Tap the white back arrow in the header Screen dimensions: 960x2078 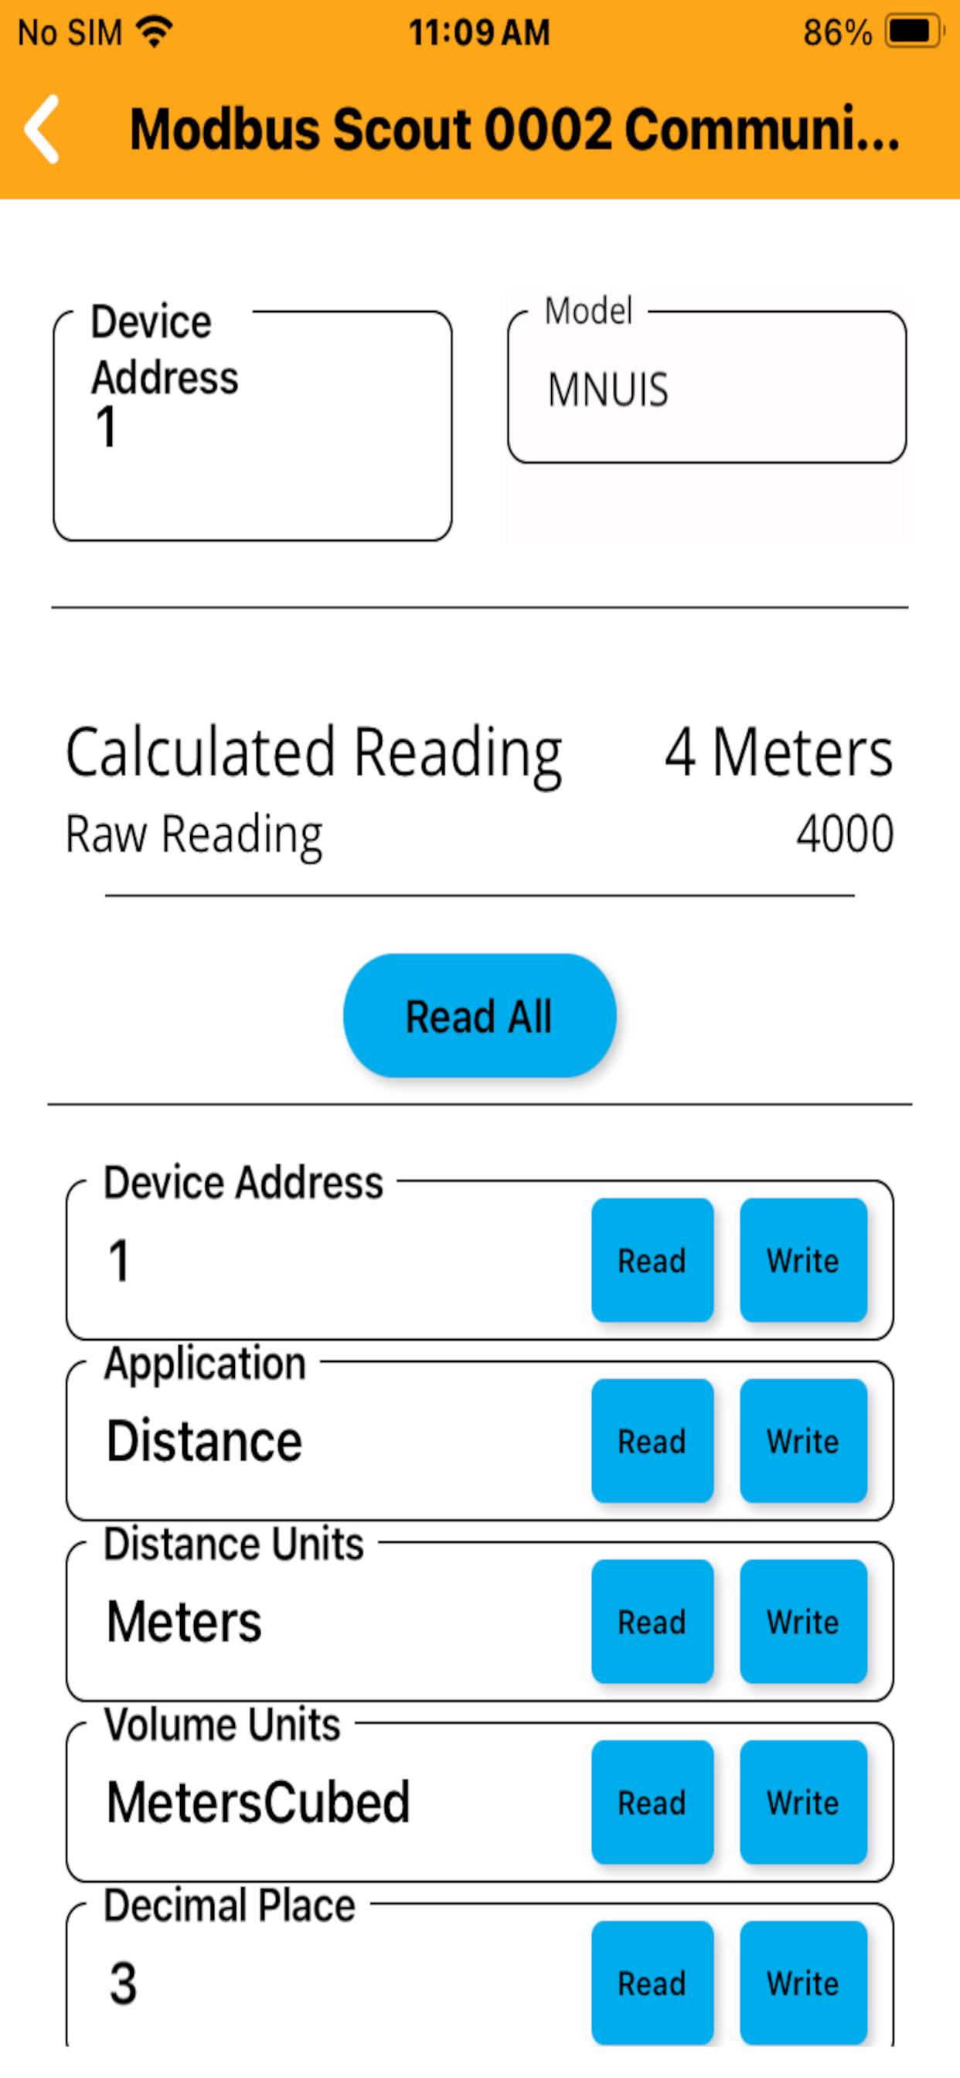(x=42, y=129)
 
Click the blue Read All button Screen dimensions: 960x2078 (x=479, y=1016)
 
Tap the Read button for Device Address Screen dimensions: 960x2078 (x=652, y=1260)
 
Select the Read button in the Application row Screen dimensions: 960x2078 (x=652, y=1441)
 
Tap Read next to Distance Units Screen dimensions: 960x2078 (x=652, y=1621)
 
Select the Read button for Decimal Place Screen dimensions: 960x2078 (x=652, y=1983)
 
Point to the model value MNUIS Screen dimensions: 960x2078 (x=608, y=390)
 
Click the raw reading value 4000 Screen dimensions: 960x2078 (x=845, y=833)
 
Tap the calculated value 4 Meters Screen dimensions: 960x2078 (x=778, y=752)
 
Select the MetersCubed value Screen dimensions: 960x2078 (x=259, y=1802)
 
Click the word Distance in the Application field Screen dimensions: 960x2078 (x=205, y=1441)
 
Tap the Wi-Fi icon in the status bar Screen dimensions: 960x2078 (x=154, y=32)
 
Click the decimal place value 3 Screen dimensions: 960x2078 (x=123, y=1983)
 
